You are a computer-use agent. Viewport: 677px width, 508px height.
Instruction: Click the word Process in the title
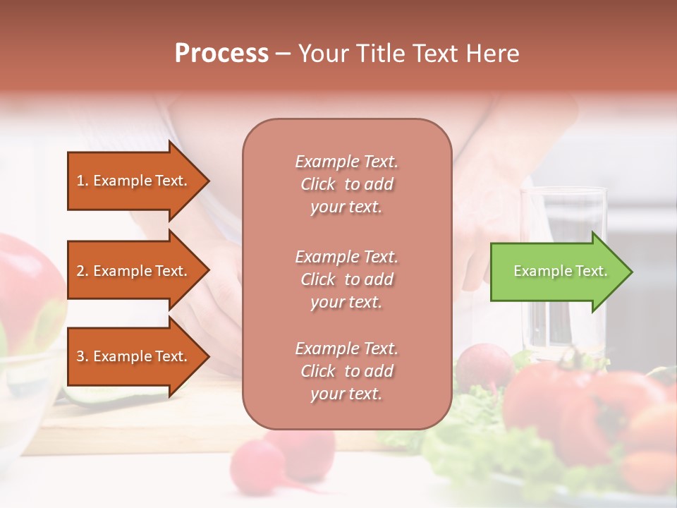click(x=221, y=54)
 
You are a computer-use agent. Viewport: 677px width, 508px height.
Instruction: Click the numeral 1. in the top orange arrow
click(x=83, y=181)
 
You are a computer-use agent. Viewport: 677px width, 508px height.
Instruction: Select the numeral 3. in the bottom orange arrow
click(x=83, y=356)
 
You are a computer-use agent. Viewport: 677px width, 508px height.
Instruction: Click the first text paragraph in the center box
click(x=346, y=184)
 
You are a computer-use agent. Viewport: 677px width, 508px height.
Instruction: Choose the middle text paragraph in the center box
click(x=346, y=279)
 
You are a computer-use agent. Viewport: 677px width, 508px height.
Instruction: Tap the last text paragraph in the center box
click(x=346, y=371)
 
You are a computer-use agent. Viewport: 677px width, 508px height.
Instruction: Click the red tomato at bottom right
click(x=557, y=409)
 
